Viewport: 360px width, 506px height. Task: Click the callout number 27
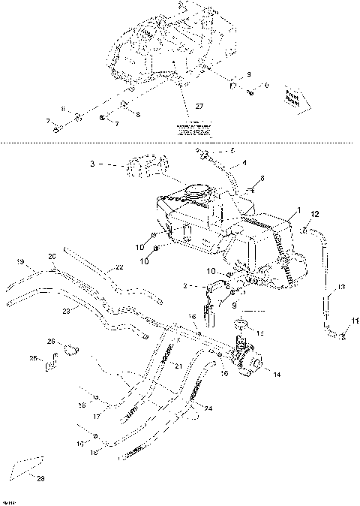click(199, 107)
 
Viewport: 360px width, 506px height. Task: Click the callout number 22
click(119, 267)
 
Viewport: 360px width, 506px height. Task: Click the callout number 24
click(208, 409)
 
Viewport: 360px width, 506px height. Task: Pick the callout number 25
click(33, 358)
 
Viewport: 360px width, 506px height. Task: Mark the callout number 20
click(52, 255)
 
